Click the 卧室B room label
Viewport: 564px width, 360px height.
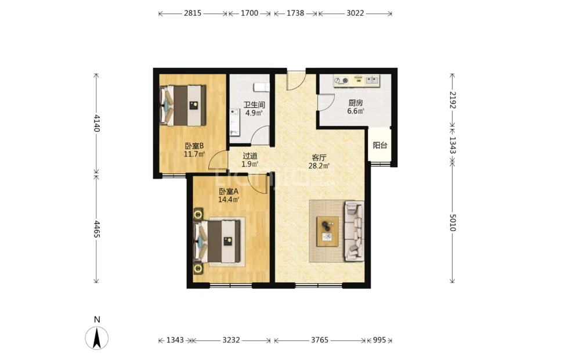pyautogui.click(x=194, y=146)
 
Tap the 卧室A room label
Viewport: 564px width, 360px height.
pyautogui.click(x=229, y=192)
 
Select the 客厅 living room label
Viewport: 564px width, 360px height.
pyautogui.click(x=319, y=158)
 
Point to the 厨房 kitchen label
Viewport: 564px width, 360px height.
pyautogui.click(x=355, y=103)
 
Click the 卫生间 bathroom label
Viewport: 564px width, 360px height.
pyautogui.click(x=254, y=105)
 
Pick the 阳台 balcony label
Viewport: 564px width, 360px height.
pyautogui.click(x=380, y=145)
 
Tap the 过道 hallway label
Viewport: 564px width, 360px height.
pyautogui.click(x=250, y=156)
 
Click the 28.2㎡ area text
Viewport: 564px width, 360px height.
pyautogui.click(x=319, y=165)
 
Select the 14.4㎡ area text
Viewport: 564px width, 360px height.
pyautogui.click(x=229, y=199)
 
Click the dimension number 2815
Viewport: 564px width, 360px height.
pyautogui.click(x=193, y=13)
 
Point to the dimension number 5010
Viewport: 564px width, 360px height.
pyautogui.click(x=453, y=223)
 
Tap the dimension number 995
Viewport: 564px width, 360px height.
pyautogui.click(x=379, y=340)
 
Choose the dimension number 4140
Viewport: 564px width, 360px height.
pyautogui.click(x=96, y=123)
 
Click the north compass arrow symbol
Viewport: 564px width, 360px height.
pyautogui.click(x=97, y=339)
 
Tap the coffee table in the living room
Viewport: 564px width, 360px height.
pyautogui.click(x=327, y=232)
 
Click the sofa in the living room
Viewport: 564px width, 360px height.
pyautogui.click(x=355, y=231)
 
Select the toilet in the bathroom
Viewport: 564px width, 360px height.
pyautogui.click(x=262, y=87)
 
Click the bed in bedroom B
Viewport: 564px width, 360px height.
pyautogui.click(x=183, y=106)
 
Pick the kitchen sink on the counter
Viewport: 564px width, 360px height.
pyautogui.click(x=373, y=80)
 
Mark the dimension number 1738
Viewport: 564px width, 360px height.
pyautogui.click(x=295, y=13)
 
